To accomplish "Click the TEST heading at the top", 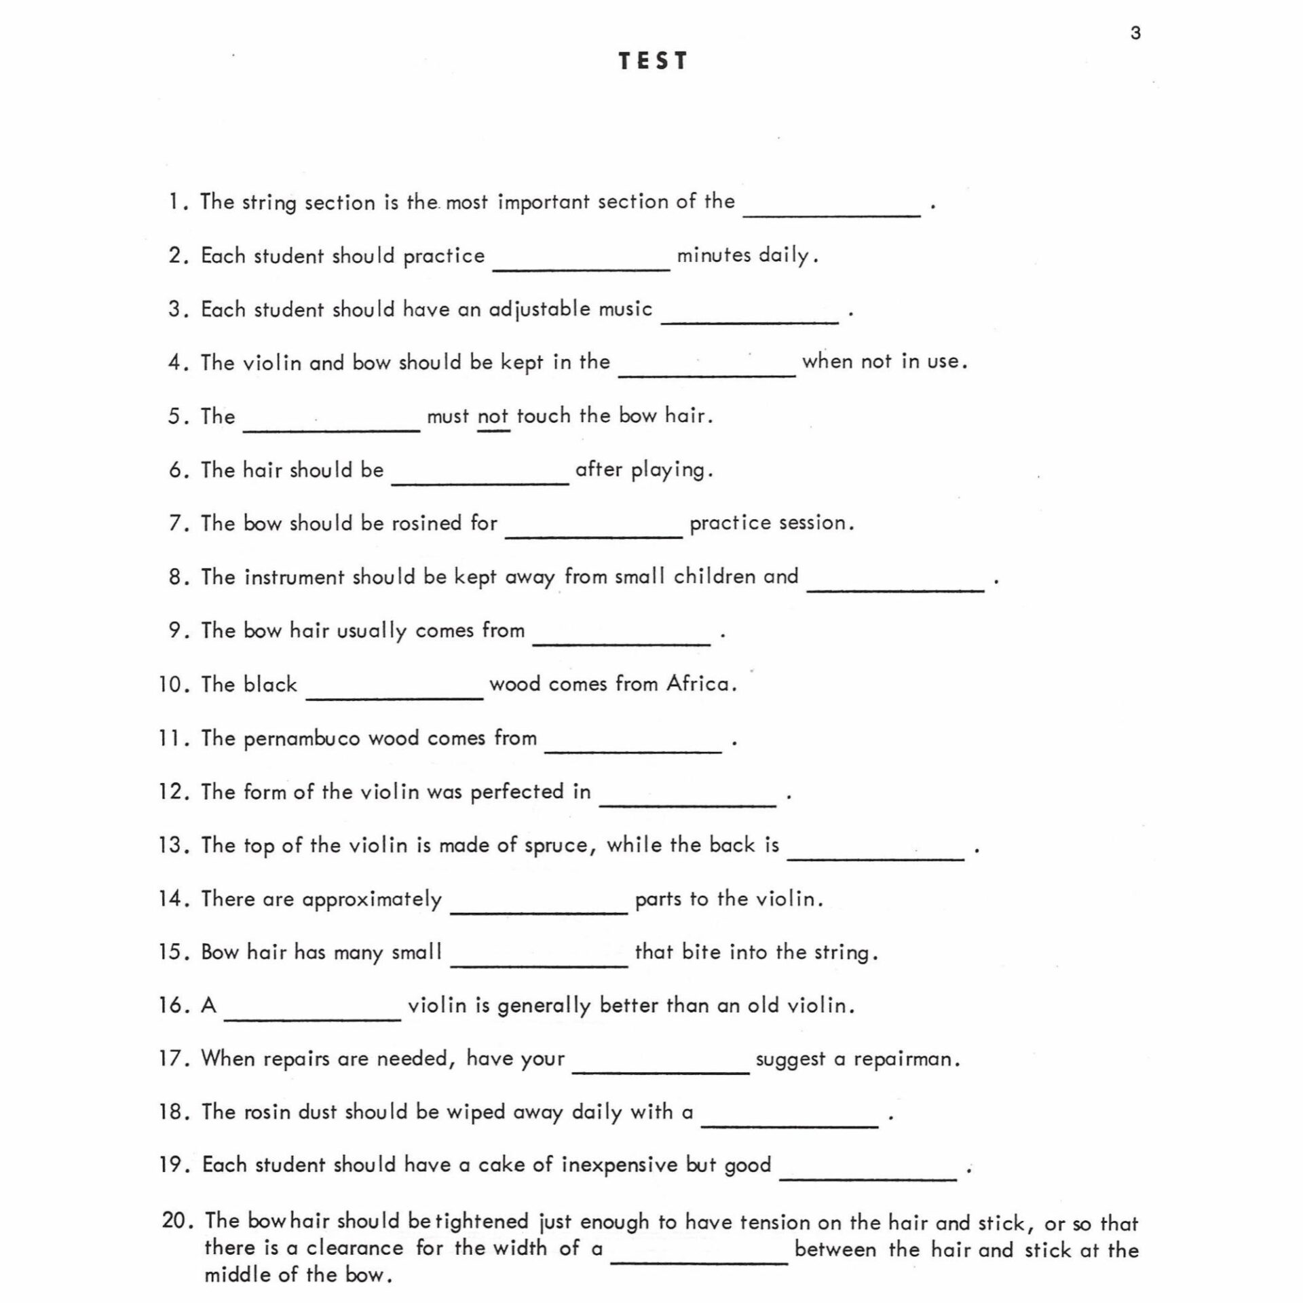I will [653, 61].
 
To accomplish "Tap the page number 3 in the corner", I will [1135, 33].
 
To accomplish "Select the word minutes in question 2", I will [714, 255].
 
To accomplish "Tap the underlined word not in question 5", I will [493, 416].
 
